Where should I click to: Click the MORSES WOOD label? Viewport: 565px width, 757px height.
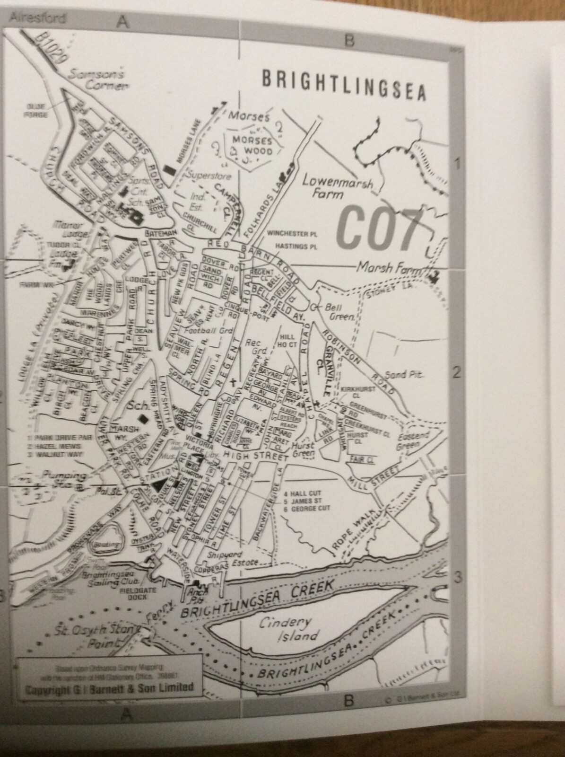point(251,146)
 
